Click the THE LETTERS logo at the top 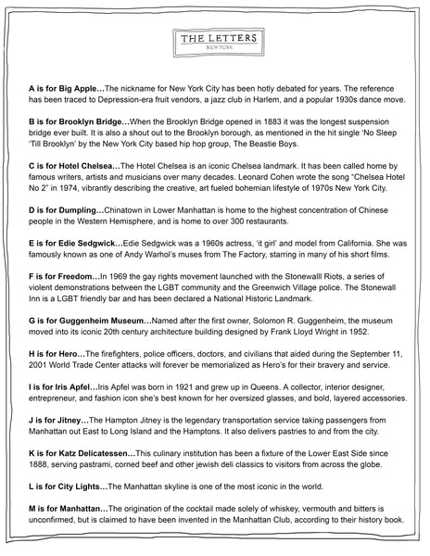pos(214,43)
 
